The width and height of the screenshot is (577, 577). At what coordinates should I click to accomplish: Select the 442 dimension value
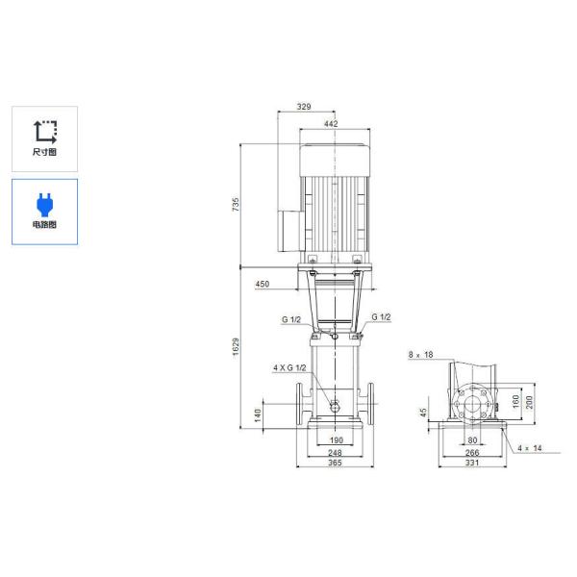click(332, 124)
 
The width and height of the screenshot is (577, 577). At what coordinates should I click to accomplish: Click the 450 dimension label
click(263, 285)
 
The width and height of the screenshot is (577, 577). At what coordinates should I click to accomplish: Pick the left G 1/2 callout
click(291, 318)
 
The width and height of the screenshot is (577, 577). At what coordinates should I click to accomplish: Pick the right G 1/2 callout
click(381, 317)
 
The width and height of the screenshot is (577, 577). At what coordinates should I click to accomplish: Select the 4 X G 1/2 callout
click(288, 367)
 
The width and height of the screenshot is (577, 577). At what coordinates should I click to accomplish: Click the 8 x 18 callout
click(420, 355)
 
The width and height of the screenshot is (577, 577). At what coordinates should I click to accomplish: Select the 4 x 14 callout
click(530, 448)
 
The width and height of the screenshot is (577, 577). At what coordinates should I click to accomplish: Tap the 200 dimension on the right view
click(528, 398)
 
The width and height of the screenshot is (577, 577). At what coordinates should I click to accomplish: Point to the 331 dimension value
click(472, 464)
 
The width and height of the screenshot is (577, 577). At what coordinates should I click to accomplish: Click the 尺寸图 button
click(45, 138)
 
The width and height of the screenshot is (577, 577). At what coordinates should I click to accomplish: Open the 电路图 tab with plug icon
click(45, 211)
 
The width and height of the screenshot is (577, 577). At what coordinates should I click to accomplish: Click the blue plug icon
click(45, 202)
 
